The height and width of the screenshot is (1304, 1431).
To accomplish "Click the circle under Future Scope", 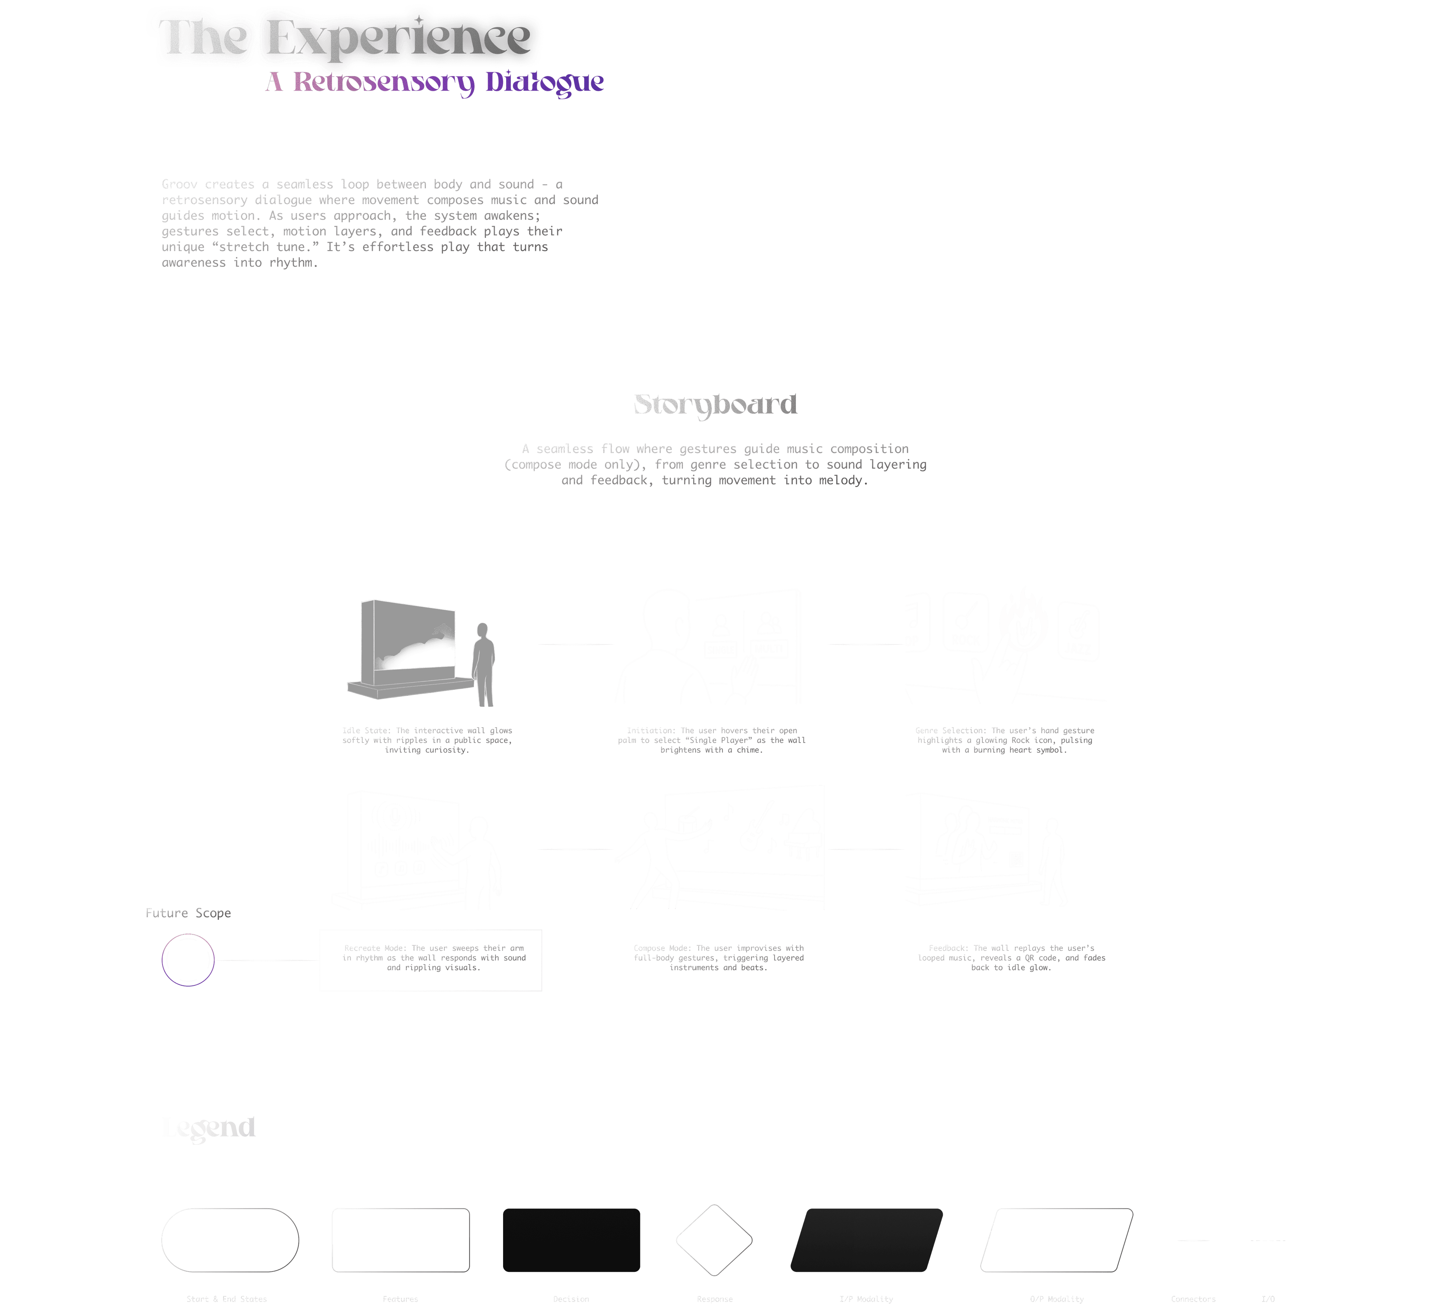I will tap(188, 960).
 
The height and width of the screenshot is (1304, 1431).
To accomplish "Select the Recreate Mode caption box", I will tap(431, 960).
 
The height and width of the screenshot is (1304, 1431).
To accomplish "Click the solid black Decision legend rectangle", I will tap(572, 1240).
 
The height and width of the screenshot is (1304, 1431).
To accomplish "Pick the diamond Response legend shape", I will tap(714, 1240).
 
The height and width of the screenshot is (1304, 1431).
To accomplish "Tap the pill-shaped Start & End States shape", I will tap(230, 1240).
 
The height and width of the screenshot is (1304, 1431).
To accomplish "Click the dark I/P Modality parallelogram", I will tap(867, 1240).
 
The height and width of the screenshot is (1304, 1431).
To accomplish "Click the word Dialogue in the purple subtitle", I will tap(544, 82).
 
